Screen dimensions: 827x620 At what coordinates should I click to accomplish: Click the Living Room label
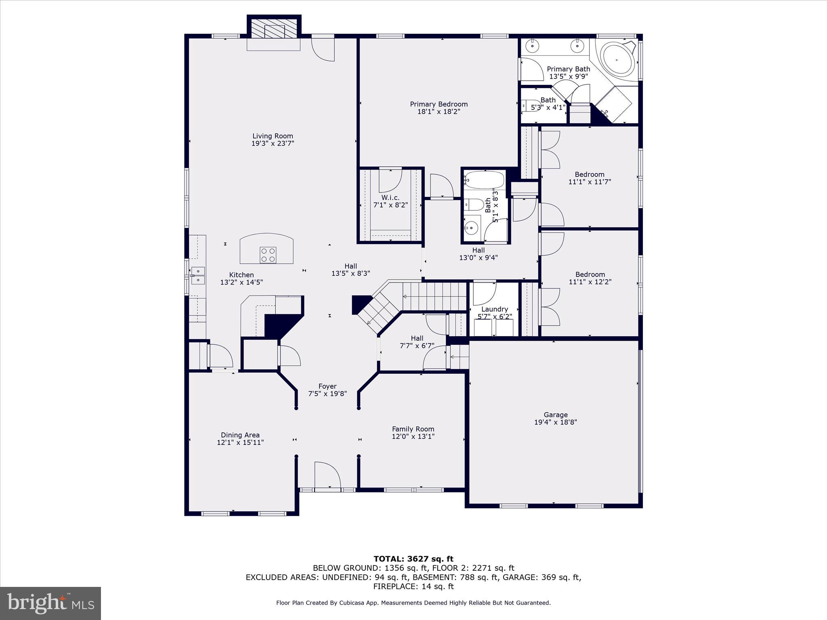(273, 136)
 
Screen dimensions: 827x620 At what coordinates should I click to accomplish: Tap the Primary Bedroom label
(439, 104)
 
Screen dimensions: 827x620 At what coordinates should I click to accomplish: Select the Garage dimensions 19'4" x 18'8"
(555, 422)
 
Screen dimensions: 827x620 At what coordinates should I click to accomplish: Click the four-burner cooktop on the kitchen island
(268, 255)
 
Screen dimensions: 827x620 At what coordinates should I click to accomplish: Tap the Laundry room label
(495, 309)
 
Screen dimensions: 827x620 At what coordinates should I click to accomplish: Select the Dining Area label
(240, 435)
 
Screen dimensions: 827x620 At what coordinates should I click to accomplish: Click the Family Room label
(413, 429)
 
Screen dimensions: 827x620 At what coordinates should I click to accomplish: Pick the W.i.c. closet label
(390, 197)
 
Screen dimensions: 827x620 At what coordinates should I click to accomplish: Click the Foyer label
(327, 386)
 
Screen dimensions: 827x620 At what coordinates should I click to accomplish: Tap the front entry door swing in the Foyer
(327, 475)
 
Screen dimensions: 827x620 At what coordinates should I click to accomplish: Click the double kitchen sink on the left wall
(198, 276)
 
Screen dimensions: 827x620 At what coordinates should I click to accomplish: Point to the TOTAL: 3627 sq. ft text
(413, 559)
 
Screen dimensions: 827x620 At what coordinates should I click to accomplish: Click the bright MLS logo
(50, 603)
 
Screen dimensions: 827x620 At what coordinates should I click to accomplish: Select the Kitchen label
(241, 275)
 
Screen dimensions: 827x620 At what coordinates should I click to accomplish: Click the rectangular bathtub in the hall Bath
(484, 180)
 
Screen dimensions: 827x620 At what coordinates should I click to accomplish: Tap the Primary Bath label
(569, 69)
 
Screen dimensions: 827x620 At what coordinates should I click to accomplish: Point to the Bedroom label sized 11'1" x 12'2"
(590, 274)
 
